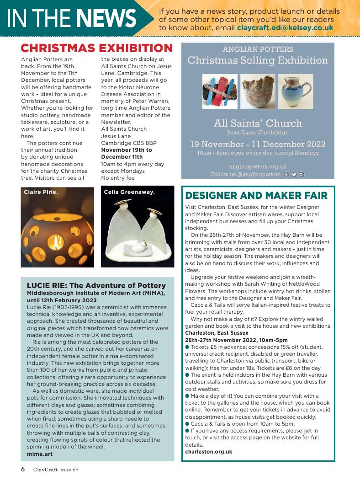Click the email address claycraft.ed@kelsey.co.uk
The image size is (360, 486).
[285, 28]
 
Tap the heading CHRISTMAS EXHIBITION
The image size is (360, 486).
[97, 48]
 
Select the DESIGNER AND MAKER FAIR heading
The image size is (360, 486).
[256, 196]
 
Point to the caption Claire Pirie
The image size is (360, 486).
[41, 192]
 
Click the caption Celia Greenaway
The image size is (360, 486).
[129, 192]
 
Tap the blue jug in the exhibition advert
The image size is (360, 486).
[296, 91]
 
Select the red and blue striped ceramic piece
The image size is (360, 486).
[220, 91]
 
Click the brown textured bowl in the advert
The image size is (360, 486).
[258, 91]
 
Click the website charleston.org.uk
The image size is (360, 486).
[208, 452]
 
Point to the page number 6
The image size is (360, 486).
[22, 470]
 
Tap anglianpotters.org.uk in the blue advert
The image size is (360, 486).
[258, 167]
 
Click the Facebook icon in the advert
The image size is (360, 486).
[286, 174]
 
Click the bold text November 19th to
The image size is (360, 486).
[127, 150]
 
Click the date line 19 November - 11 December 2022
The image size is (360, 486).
[258, 144]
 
